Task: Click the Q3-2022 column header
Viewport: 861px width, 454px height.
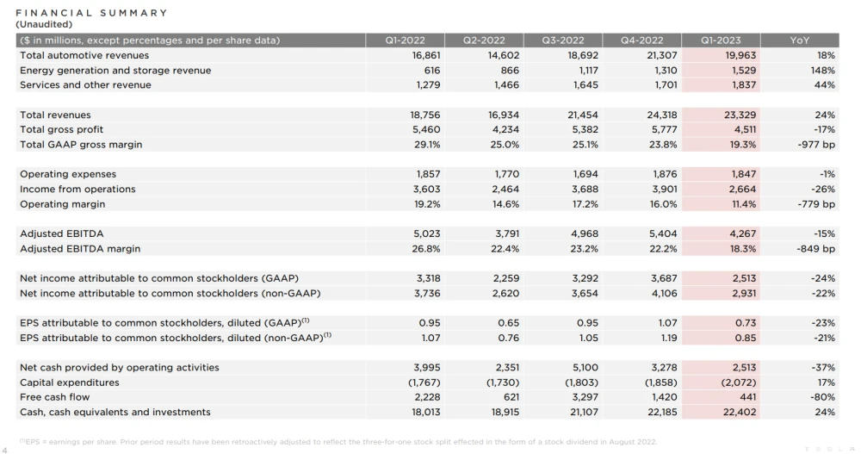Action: tap(563, 40)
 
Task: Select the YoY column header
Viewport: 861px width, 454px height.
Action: tap(800, 40)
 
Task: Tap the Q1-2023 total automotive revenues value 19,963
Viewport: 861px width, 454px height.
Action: tap(740, 55)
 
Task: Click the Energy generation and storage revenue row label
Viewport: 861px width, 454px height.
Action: tap(115, 71)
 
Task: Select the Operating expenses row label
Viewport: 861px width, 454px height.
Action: tap(68, 174)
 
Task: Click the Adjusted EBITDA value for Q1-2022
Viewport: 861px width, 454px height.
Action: tap(427, 233)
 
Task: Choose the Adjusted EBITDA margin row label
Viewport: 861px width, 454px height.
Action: tap(80, 249)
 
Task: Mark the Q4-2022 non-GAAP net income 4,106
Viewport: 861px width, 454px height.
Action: tap(664, 294)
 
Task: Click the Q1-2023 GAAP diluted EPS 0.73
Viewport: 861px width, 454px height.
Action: tap(746, 323)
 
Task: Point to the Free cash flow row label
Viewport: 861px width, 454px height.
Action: tap(55, 397)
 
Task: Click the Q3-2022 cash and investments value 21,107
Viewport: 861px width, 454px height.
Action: tap(584, 413)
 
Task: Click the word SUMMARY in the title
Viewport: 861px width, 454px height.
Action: tap(133, 13)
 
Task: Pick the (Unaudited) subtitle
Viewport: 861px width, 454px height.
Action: tap(44, 24)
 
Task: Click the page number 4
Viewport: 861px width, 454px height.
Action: tap(5, 451)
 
